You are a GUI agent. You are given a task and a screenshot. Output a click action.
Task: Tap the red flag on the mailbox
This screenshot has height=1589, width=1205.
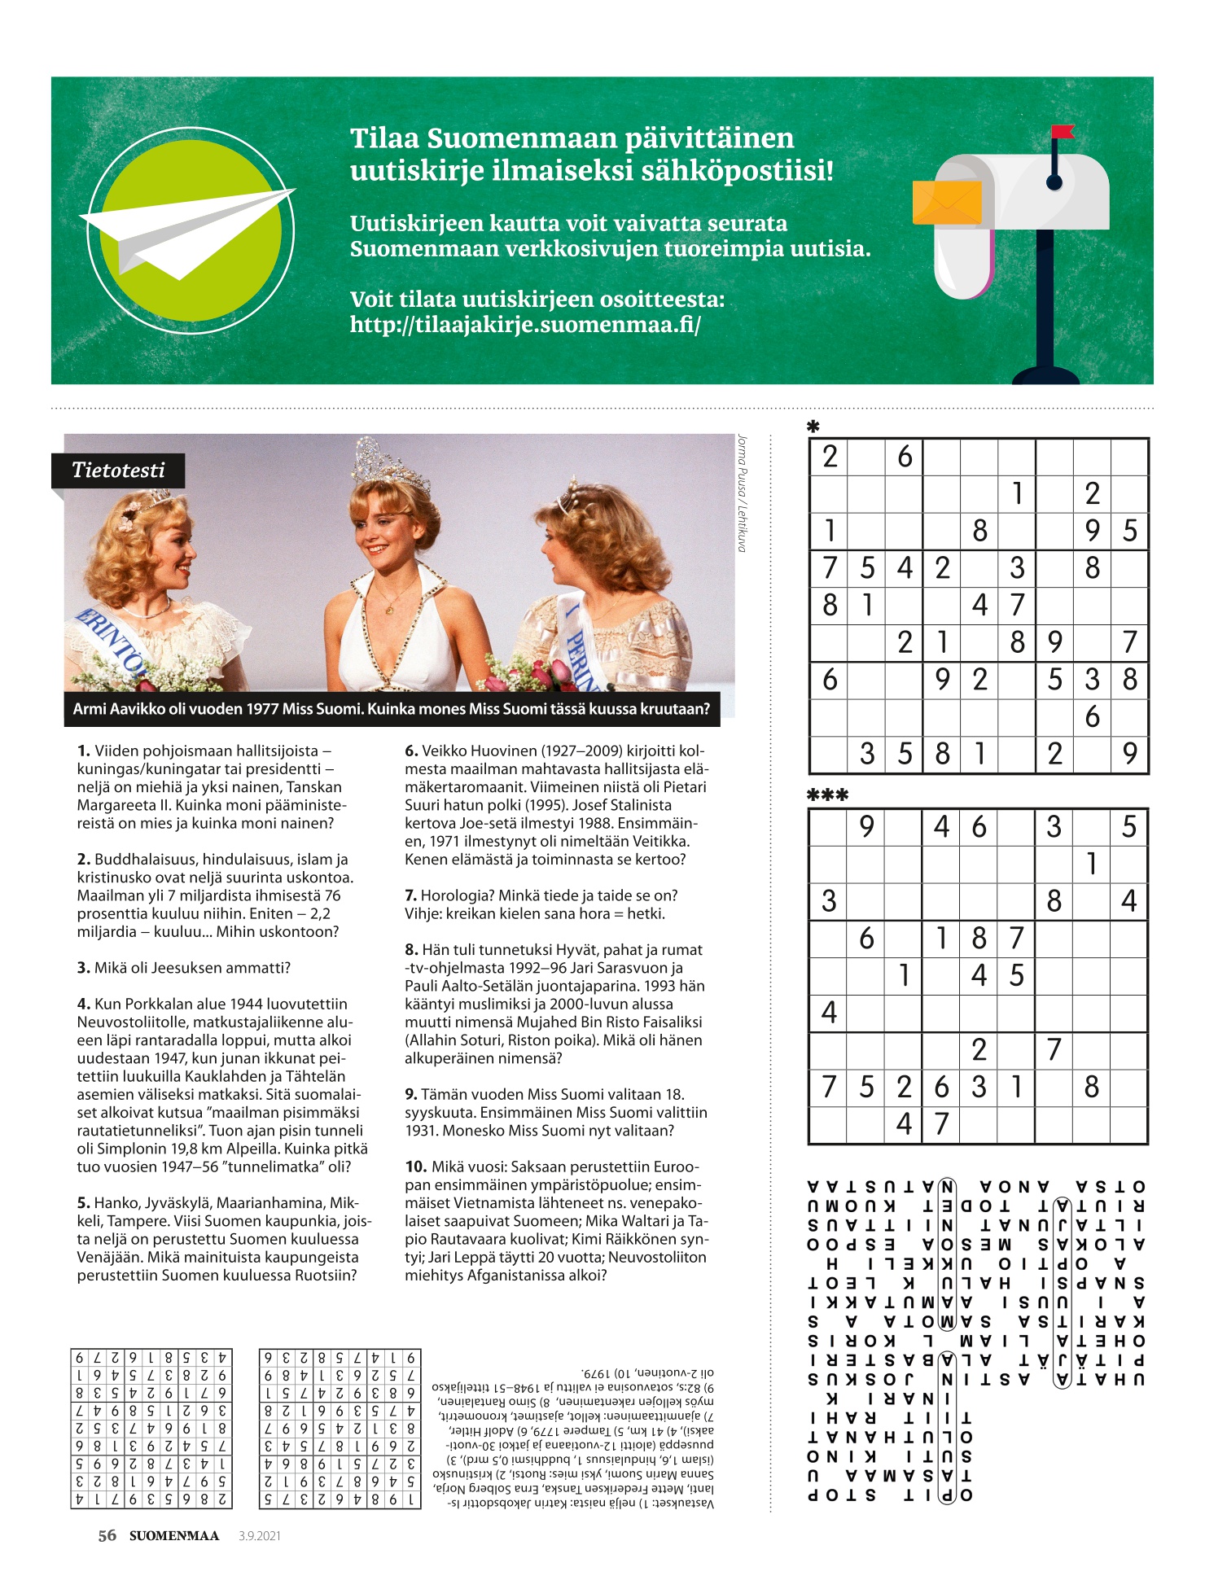click(1062, 132)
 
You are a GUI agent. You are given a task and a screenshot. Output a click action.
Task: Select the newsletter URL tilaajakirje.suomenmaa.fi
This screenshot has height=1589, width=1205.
click(525, 325)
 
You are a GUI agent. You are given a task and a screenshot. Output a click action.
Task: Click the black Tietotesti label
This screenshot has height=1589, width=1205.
click(118, 471)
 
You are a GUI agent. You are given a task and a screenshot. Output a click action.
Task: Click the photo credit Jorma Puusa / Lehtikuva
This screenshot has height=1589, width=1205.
click(742, 493)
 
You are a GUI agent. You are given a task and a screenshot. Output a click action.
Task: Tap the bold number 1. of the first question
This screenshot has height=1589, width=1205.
click(84, 751)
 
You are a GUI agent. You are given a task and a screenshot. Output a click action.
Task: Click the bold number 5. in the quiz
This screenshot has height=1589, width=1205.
click(84, 1203)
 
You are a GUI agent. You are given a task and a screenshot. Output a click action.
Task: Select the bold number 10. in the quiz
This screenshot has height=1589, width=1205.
click(416, 1167)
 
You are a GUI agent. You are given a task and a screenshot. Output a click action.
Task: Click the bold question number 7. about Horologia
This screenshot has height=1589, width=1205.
click(411, 895)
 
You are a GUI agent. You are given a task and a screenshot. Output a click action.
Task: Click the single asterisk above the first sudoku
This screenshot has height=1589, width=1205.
click(813, 426)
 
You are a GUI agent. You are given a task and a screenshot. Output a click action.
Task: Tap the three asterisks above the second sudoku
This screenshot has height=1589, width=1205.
click(827, 795)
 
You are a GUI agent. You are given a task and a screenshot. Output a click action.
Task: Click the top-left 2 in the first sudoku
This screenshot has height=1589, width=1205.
click(829, 457)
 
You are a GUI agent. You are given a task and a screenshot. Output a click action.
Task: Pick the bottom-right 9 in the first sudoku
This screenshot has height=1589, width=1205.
click(1129, 754)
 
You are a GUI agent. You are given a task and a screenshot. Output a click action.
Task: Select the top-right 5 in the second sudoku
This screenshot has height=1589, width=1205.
click(1128, 827)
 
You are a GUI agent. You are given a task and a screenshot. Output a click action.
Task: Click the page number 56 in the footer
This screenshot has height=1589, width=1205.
click(107, 1536)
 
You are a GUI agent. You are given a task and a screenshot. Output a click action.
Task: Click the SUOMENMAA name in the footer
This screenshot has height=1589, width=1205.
click(174, 1536)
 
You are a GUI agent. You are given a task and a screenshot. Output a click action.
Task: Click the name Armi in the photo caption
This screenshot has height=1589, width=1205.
click(90, 709)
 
